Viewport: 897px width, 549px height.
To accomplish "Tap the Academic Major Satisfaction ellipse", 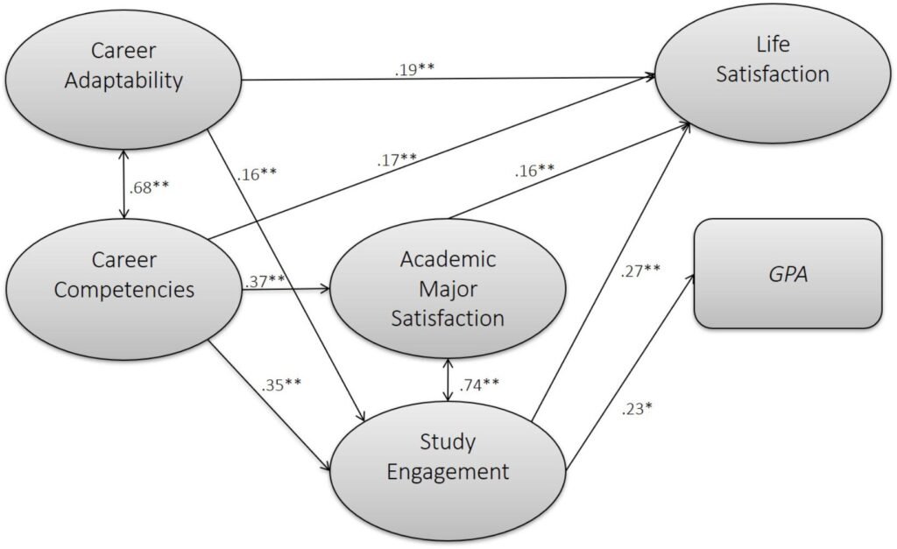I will point(448,288).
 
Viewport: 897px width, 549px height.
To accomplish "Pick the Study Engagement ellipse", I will point(448,459).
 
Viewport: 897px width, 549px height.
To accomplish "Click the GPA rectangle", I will point(787,273).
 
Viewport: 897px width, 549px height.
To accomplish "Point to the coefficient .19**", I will point(414,68).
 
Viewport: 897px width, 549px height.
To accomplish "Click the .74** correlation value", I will point(481,383).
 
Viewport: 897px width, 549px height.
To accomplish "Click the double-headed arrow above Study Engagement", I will point(449,380).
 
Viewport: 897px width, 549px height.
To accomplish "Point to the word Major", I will point(448,288).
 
